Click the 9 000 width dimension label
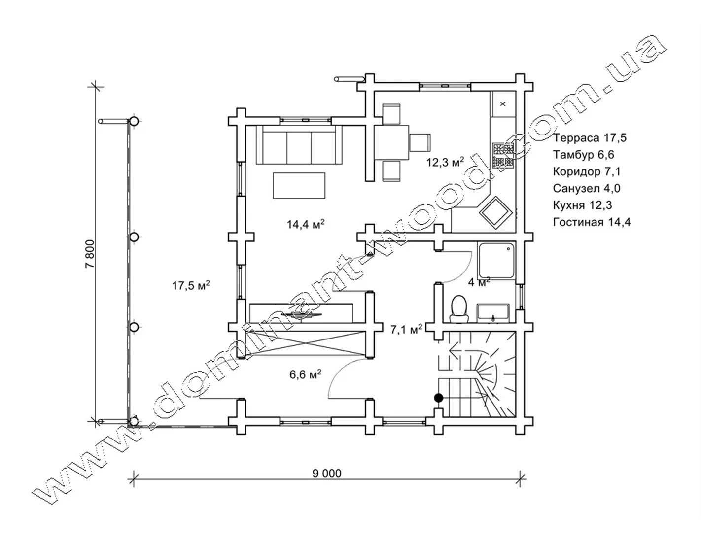point(326,474)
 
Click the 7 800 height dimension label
point(90,254)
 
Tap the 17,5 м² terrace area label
point(191,285)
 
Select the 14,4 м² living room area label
point(306,224)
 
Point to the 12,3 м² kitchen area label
point(445,162)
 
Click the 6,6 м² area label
point(305,374)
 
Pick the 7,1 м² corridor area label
point(406,330)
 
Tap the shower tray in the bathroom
point(496,261)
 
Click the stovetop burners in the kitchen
point(503,156)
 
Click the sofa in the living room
point(299,145)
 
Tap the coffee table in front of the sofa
point(299,185)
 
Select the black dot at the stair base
point(438,398)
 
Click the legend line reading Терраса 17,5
point(590,138)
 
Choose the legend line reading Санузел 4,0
point(587,188)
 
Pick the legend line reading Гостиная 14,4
point(592,222)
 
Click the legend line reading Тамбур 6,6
point(584,155)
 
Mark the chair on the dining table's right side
point(420,142)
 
